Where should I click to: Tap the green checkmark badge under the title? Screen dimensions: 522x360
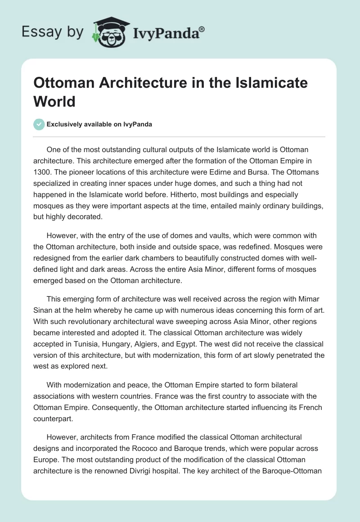[39, 124]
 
